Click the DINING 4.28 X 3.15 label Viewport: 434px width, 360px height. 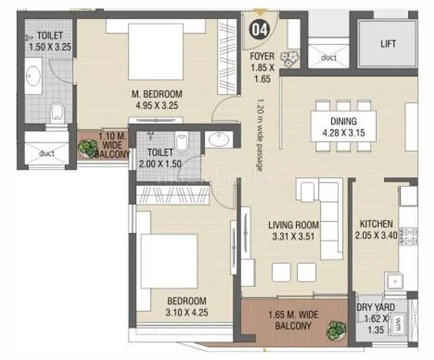click(343, 126)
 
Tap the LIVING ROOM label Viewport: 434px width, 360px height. click(294, 230)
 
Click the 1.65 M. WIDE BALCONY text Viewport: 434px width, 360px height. click(293, 320)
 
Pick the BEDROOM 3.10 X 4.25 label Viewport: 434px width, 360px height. click(187, 306)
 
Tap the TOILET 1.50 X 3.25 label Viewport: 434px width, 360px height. click(49, 41)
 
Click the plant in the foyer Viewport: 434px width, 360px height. click(292, 57)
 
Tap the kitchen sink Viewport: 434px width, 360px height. click(395, 281)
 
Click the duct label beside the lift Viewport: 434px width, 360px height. click(328, 58)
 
